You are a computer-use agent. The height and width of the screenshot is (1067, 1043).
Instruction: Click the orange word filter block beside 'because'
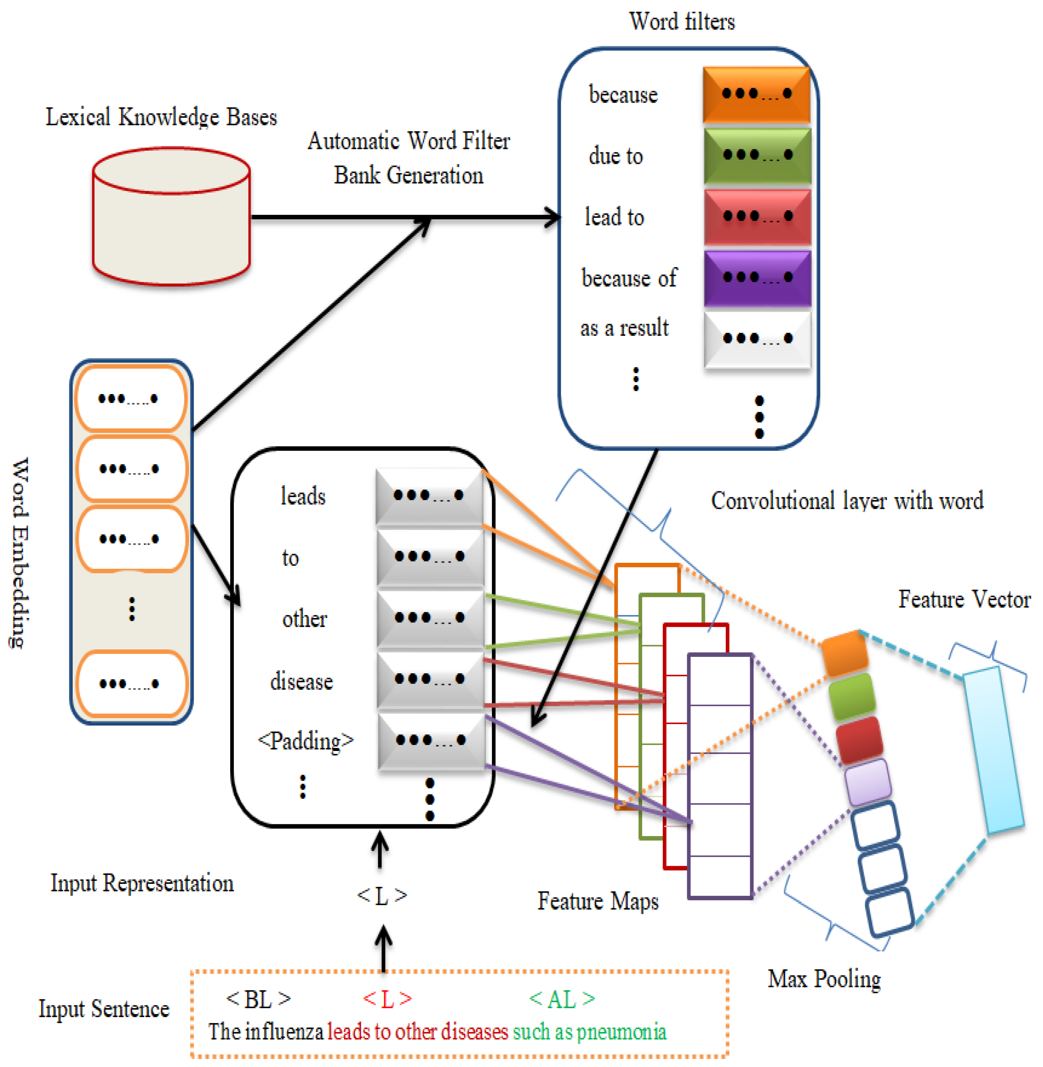coord(756,94)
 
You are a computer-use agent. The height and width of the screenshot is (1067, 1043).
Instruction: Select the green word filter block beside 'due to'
coord(757,155)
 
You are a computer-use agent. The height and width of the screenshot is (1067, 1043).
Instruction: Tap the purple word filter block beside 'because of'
coord(757,278)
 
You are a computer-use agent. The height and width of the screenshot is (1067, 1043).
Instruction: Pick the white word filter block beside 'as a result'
coord(757,339)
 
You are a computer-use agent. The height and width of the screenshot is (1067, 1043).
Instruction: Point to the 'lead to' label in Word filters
coord(614,217)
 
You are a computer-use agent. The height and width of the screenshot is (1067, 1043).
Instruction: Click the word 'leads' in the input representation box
coord(303,496)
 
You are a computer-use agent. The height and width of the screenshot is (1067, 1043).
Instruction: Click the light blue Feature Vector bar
coord(993,750)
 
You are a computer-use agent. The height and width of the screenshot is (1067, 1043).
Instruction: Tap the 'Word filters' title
coord(682,22)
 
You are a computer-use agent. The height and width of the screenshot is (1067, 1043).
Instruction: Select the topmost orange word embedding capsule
coord(130,398)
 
